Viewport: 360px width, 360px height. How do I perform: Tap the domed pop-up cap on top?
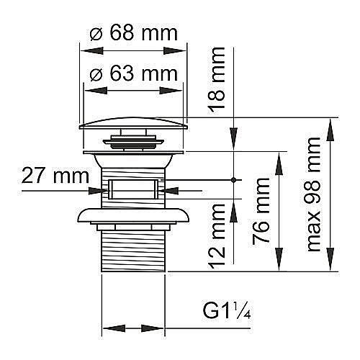[x=133, y=123]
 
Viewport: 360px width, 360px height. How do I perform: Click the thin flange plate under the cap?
[x=133, y=153]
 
